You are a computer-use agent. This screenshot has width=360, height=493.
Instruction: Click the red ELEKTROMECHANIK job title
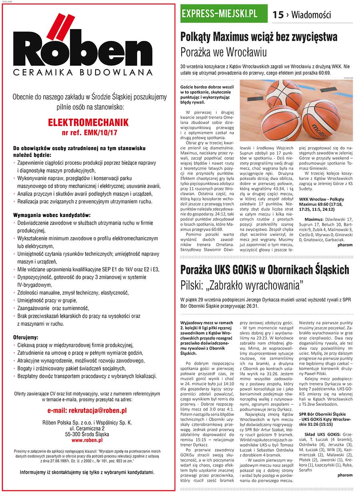88,122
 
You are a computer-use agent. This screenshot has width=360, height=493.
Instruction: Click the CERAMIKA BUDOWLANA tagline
82,73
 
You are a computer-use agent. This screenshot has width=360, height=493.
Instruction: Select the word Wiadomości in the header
311,15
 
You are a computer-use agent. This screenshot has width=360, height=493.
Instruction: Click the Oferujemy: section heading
26,337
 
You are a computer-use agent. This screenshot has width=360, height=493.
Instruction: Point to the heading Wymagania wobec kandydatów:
52,215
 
